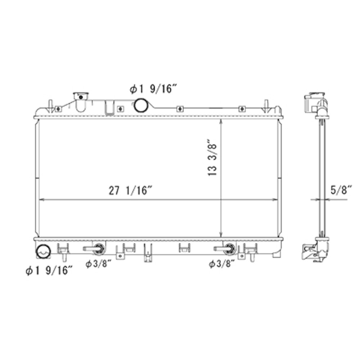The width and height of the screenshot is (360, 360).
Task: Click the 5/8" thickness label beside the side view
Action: click(x=340, y=190)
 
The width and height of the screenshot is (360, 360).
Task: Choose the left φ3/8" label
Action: click(x=98, y=264)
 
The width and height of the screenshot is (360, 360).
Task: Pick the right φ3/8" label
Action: click(x=222, y=264)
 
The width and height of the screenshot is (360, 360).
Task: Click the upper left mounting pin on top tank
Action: click(x=50, y=104)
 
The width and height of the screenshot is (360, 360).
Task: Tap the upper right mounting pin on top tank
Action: click(x=267, y=104)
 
